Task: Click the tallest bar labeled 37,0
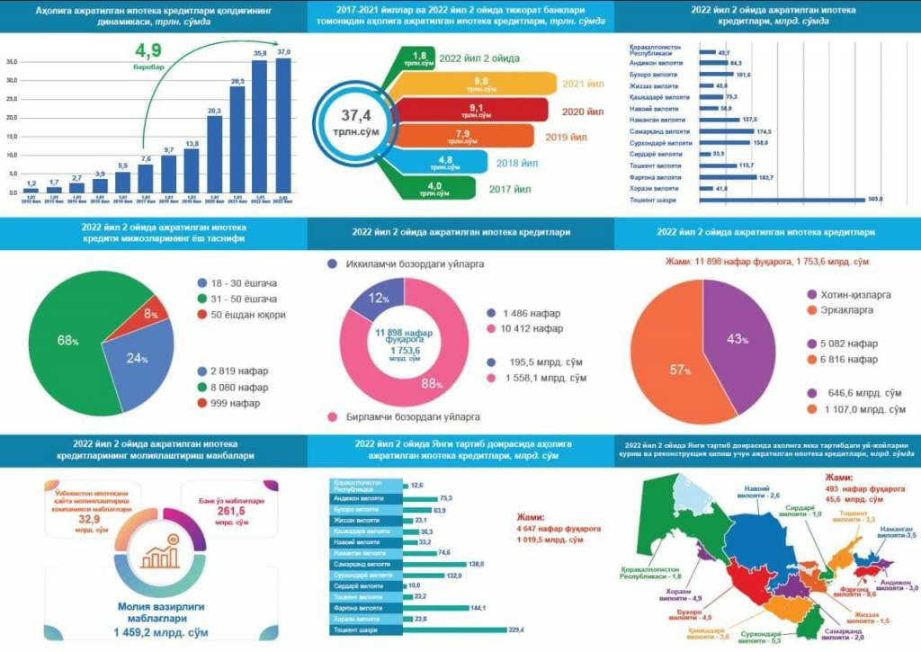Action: (283, 126)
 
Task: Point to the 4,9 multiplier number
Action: (148, 49)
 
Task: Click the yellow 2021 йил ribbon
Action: (504, 85)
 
